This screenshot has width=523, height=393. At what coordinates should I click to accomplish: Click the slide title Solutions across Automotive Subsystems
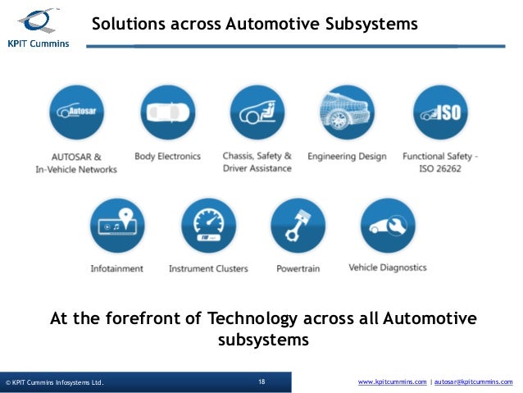coord(254,25)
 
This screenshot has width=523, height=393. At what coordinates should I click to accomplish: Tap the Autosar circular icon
coord(75,113)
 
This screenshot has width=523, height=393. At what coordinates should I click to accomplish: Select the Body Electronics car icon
coord(167,113)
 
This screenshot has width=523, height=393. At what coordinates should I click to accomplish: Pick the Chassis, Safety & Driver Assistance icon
coord(257,113)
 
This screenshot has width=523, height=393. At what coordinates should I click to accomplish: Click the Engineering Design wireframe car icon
coord(346,113)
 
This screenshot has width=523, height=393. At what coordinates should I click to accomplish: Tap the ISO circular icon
coord(439,113)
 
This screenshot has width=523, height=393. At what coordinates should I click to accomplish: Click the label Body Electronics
coord(167,156)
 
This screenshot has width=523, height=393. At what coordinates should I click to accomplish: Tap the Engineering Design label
coord(347,156)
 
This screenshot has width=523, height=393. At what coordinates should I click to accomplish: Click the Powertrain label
coord(298,267)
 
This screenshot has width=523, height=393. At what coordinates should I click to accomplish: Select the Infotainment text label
coord(117,267)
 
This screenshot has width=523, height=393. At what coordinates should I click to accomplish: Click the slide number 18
coord(261,382)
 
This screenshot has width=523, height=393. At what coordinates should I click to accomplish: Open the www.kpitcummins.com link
coord(392,382)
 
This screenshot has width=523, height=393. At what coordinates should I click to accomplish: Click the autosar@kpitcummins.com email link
coord(474,382)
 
